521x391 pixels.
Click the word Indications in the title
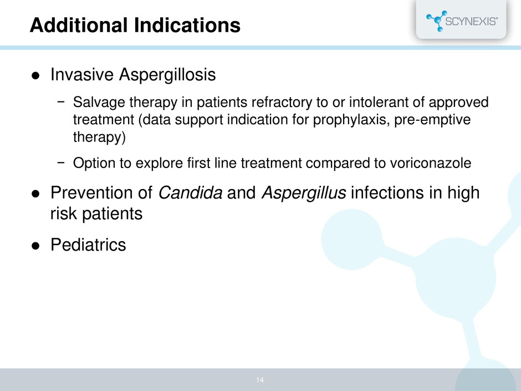tap(187, 26)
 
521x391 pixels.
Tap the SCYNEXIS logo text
tap(471, 21)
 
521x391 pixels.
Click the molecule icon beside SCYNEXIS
tap(436, 21)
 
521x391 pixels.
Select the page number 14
tap(260, 380)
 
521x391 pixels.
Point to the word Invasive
tap(82, 74)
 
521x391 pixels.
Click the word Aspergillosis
tap(167, 75)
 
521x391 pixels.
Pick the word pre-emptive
tap(432, 120)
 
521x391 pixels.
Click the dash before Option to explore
tap(61, 163)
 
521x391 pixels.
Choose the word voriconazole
tap(430, 163)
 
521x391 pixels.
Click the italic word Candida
tap(191, 192)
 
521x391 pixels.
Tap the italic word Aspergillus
tap(304, 193)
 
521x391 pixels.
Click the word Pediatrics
tap(88, 245)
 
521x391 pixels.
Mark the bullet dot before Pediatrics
tap(35, 246)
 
